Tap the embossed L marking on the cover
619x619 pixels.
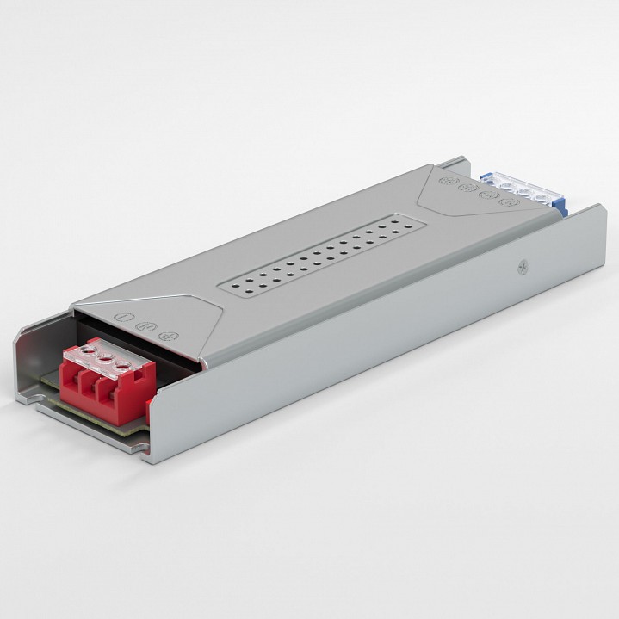(121, 316)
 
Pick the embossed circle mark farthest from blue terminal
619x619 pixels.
(447, 181)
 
